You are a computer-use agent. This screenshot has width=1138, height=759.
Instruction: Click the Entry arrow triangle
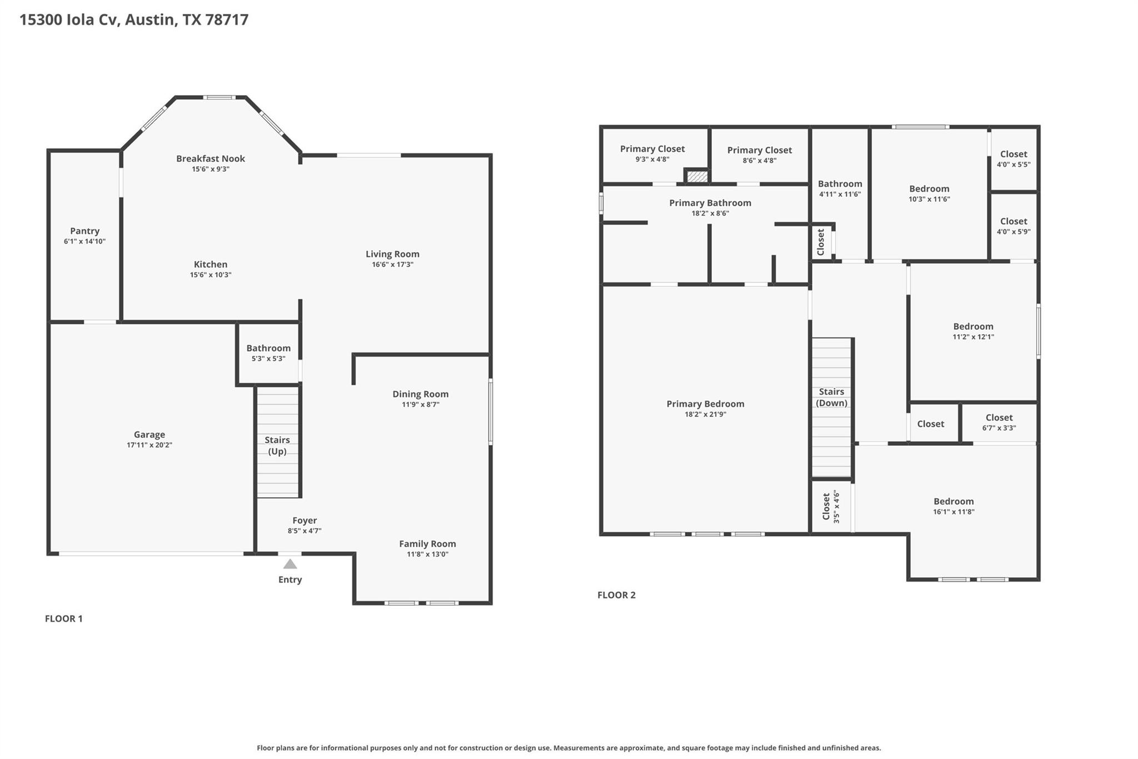(x=290, y=564)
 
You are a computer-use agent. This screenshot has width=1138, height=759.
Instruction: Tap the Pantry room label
(x=84, y=231)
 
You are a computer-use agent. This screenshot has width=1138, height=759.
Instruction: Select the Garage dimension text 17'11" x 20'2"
(x=149, y=445)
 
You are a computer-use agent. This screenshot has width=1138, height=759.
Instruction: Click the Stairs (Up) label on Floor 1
(x=277, y=445)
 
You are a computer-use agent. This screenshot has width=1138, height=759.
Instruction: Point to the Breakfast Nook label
(x=211, y=158)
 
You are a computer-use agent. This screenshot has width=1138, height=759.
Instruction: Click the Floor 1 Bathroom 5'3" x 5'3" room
(x=268, y=353)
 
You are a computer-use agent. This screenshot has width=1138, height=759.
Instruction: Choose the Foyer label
(x=305, y=520)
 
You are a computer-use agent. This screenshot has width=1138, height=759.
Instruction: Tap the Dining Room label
(x=420, y=394)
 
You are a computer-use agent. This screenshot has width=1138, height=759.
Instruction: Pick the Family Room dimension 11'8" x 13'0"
(x=427, y=554)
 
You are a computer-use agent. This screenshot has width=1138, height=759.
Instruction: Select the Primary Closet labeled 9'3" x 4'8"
(x=652, y=153)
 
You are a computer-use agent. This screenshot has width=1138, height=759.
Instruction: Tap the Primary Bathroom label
(x=710, y=203)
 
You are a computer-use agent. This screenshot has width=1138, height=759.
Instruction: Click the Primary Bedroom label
(x=705, y=404)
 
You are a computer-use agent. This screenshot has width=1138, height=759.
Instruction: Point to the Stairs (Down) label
(x=831, y=397)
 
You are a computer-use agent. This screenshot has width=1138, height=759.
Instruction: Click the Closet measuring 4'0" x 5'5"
(x=1014, y=158)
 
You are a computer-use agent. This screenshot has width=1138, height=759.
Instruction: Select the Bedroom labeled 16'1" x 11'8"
(x=954, y=506)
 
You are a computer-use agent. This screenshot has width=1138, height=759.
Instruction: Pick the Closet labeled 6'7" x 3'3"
(x=999, y=422)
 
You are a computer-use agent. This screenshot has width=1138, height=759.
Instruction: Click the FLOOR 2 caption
(x=616, y=595)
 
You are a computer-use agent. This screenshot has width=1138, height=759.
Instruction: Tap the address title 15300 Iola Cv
(x=134, y=20)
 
